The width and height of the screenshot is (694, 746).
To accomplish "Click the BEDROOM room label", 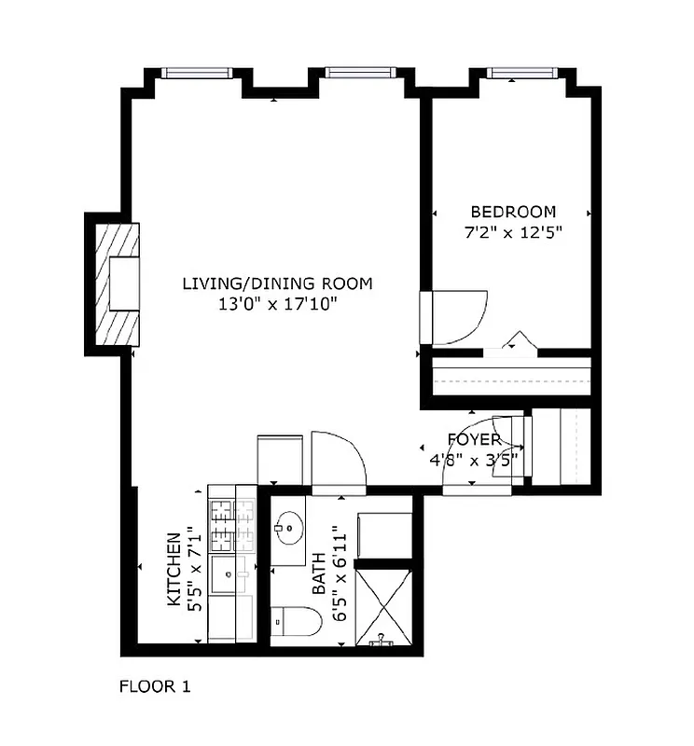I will click(512, 212).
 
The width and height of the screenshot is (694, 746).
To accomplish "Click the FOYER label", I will click(474, 439).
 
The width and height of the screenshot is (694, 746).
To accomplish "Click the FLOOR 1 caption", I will click(155, 687).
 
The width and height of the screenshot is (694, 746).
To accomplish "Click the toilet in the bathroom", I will click(298, 621).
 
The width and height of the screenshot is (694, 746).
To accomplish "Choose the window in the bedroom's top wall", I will click(522, 73).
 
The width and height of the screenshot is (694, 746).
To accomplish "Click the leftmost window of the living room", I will click(196, 73).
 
